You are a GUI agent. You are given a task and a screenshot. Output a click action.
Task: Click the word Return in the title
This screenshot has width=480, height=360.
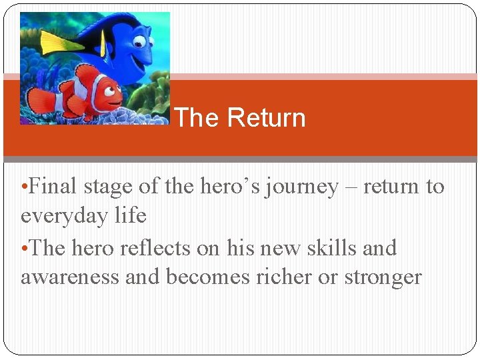265,118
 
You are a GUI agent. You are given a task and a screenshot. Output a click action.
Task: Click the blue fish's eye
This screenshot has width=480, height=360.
140,41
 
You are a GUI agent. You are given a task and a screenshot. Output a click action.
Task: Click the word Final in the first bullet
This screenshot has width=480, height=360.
53,187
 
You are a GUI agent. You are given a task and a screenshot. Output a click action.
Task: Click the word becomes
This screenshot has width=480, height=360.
209,277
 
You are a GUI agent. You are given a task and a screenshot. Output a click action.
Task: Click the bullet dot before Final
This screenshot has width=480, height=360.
24,187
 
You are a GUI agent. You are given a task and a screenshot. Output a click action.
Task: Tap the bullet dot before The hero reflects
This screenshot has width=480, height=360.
24,249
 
